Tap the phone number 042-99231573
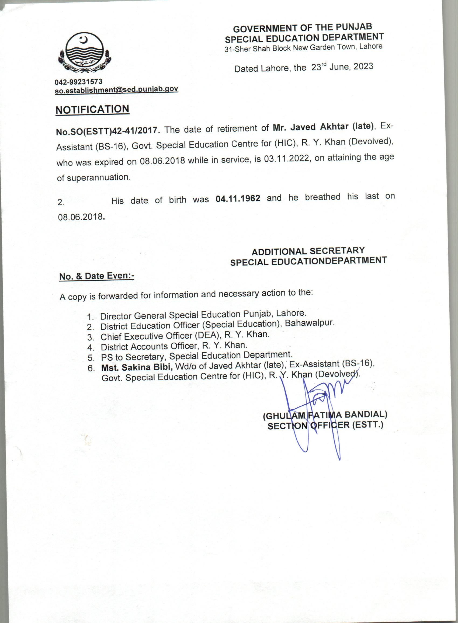point(78,82)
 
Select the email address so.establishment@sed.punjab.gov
point(116,89)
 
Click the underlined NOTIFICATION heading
point(92,109)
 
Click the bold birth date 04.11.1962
point(238,199)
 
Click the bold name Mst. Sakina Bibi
point(137,367)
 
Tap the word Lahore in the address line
point(371,46)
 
